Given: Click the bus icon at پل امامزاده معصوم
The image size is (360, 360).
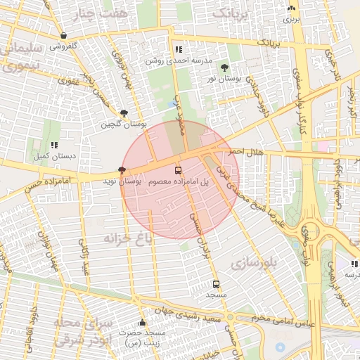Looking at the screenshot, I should pyautogui.click(x=177, y=170).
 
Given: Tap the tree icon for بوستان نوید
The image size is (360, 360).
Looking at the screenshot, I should pyautogui.click(x=123, y=170).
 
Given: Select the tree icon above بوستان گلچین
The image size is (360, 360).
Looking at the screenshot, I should pyautogui.click(x=124, y=112).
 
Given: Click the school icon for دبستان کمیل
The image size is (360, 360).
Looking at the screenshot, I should pyautogui.click(x=53, y=145).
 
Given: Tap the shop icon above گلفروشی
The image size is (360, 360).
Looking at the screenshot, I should pyautogui.click(x=64, y=35).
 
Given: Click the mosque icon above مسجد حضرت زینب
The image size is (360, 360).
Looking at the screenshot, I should pyautogui.click(x=143, y=323).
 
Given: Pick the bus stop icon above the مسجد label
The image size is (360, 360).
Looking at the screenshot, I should pyautogui.click(x=216, y=285).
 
